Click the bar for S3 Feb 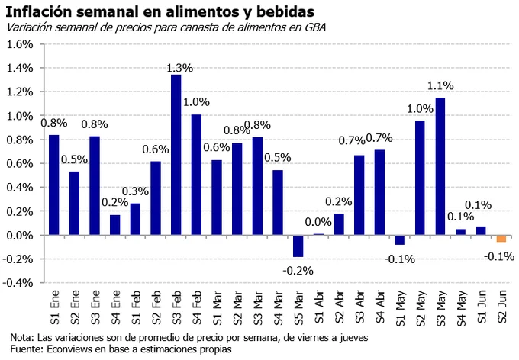click(x=176, y=155)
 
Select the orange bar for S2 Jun click(x=501, y=239)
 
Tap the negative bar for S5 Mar click(x=298, y=246)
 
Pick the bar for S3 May click(x=440, y=166)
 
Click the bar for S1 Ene click(x=54, y=185)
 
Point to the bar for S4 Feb click(x=196, y=175)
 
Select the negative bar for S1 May click(x=399, y=240)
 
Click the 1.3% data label click(x=179, y=68)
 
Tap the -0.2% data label click(x=298, y=271)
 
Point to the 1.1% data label click(x=440, y=85)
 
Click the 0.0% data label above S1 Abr click(x=318, y=222)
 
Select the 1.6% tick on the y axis click(x=20, y=44)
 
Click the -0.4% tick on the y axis click(x=18, y=283)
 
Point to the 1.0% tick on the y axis click(x=20, y=116)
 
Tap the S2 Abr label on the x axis click(x=340, y=307)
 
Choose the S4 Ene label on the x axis click(x=116, y=307)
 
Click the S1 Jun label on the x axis click(x=482, y=307)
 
